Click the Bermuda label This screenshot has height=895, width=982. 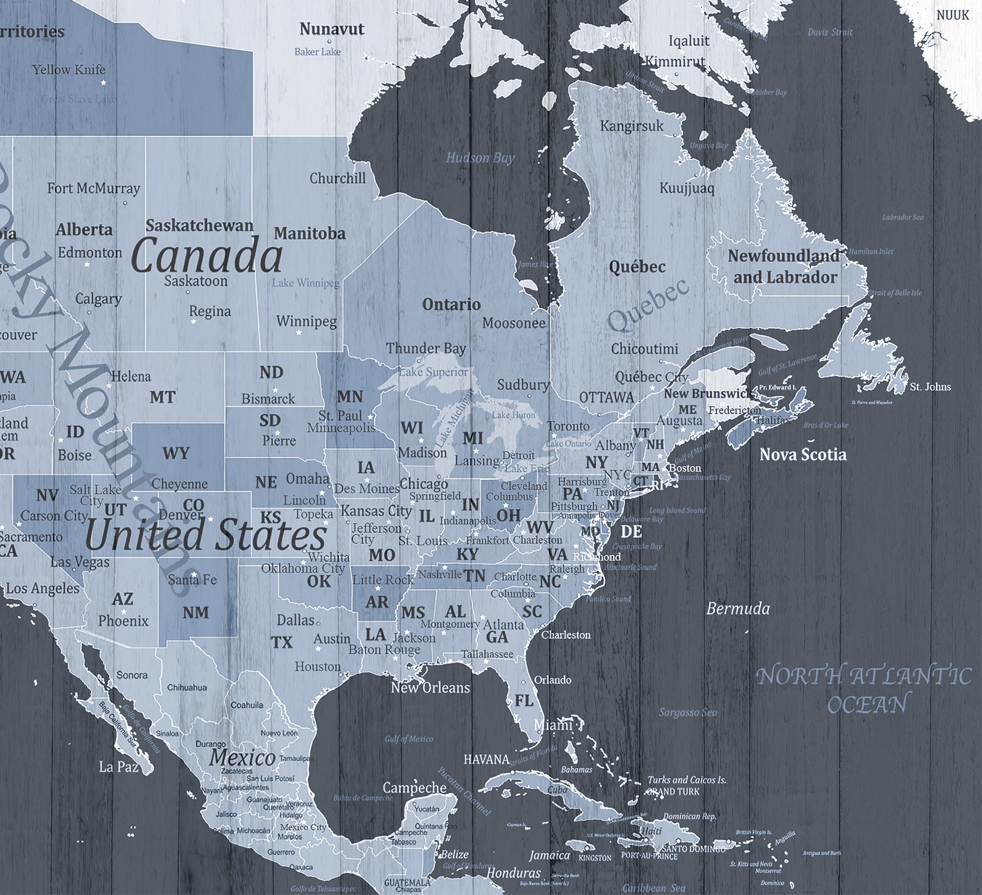point(738,608)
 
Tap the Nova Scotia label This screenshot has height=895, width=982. point(803,455)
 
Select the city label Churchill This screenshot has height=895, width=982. point(338,178)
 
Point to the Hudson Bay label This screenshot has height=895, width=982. point(480,158)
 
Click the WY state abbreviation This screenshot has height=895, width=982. point(176,453)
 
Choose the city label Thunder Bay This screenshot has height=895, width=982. point(426,348)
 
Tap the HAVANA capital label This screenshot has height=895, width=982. point(486,759)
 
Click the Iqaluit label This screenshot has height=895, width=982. point(689,41)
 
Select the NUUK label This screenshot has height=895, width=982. point(953,15)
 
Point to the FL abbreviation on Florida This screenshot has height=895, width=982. point(524,700)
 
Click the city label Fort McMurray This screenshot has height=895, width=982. point(93,189)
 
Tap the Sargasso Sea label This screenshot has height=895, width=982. point(687,712)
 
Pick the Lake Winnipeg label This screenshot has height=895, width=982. point(306,283)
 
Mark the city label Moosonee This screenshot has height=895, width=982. point(513,323)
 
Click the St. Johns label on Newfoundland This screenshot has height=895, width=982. point(930,387)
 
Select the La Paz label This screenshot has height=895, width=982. point(118,767)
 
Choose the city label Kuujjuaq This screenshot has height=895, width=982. point(686,188)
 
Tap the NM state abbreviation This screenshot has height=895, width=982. point(195,612)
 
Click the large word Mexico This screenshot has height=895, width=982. point(243,757)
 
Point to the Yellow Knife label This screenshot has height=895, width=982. point(69,70)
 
